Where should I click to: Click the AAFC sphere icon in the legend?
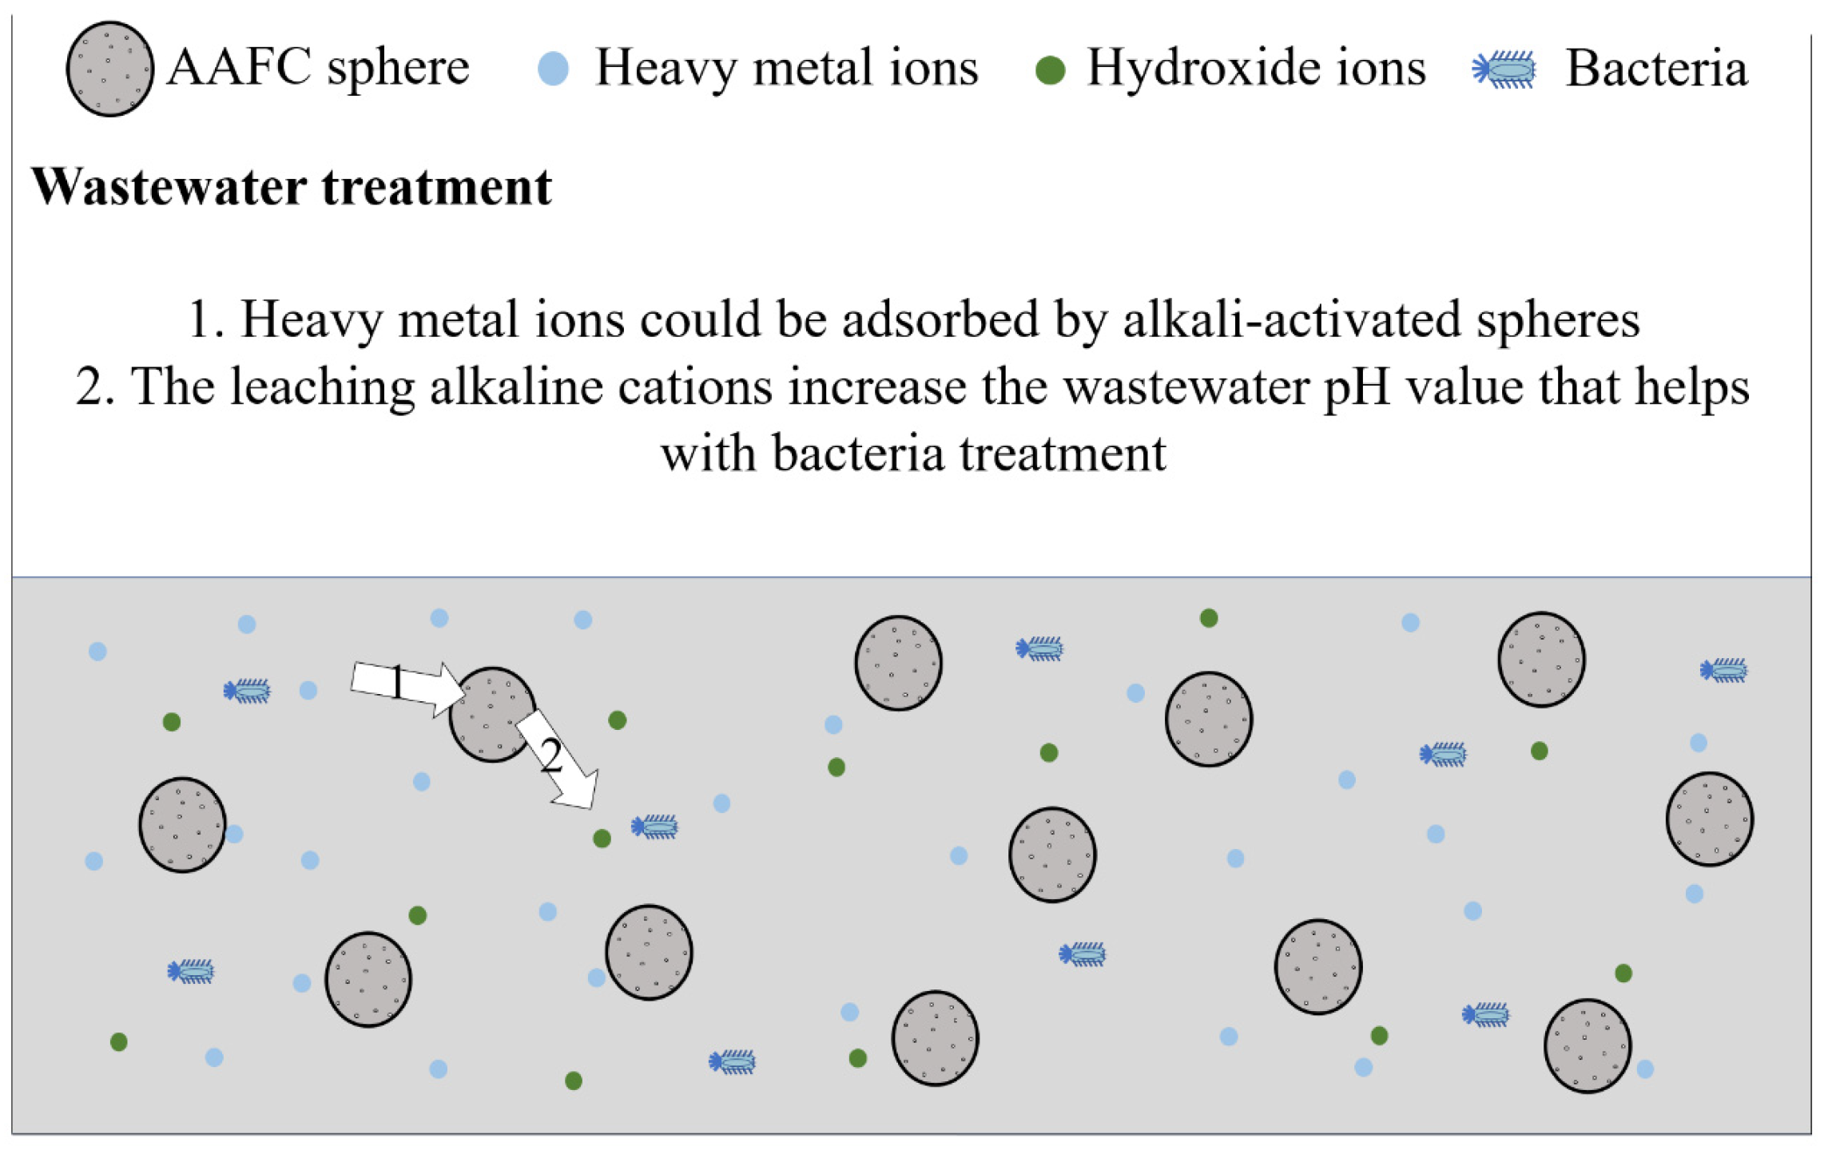(x=109, y=69)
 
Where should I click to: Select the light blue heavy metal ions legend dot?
(x=553, y=69)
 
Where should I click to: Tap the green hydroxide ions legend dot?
(x=1050, y=70)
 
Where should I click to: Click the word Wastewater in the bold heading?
(x=168, y=187)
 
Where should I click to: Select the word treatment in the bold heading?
(x=436, y=187)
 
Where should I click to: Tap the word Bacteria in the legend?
(x=1655, y=69)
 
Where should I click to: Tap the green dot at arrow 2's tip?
(x=602, y=839)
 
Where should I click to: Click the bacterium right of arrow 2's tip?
(x=655, y=827)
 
